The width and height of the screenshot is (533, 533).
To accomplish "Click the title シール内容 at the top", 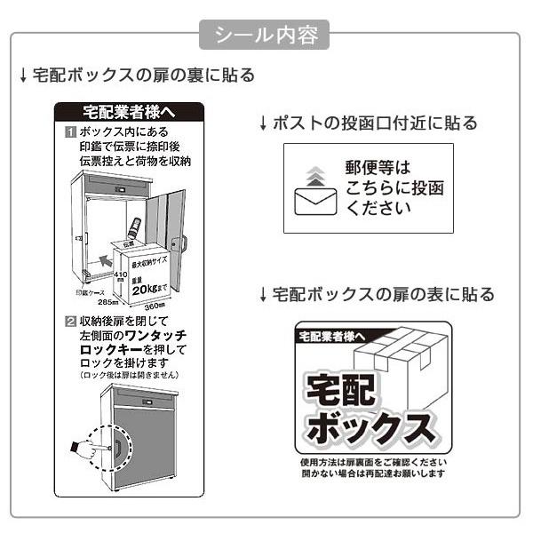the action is (266, 36).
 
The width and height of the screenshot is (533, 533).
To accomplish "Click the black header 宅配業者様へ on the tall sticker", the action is (129, 112).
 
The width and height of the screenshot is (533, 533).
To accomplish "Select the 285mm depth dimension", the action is (108, 301).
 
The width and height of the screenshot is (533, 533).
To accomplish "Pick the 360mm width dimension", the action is (155, 305).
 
